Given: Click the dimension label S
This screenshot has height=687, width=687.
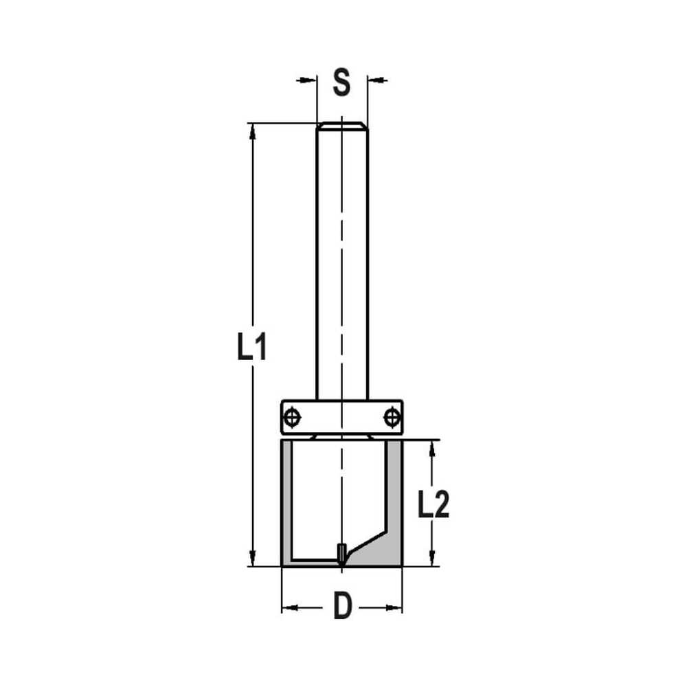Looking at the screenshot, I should [341, 82].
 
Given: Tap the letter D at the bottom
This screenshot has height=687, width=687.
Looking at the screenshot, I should [342, 607].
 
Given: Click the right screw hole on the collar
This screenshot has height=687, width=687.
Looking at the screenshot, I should [392, 416].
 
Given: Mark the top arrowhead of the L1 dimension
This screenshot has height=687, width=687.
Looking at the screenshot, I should [253, 131].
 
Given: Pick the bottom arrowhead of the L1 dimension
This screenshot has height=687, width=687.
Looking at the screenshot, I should [253, 559].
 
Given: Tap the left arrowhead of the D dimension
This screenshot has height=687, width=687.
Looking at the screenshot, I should [289, 608].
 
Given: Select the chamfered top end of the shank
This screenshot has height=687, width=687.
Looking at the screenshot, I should [341, 126].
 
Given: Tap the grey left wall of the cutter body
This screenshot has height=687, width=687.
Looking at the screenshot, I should [286, 502].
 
